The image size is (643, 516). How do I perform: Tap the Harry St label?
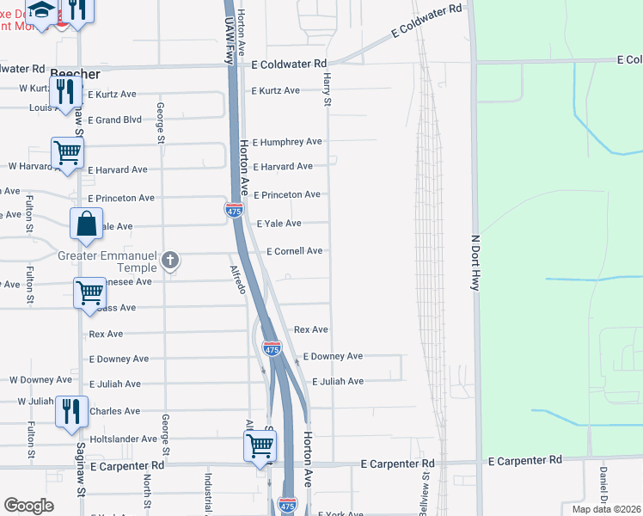click(327, 89)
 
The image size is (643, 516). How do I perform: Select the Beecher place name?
click(70, 75)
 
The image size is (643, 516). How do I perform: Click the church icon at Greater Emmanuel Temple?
click(170, 259)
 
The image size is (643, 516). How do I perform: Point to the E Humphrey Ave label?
click(287, 142)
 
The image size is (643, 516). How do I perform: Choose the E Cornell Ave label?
click(294, 251)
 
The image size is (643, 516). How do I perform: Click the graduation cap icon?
click(40, 9)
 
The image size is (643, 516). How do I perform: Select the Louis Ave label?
click(40, 108)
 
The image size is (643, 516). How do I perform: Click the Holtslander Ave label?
click(124, 439)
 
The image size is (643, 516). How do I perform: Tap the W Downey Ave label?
click(40, 379)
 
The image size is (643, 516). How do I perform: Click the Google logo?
click(28, 506)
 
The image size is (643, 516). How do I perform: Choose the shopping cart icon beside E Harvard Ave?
click(67, 153)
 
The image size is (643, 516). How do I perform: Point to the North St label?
click(147, 493)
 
